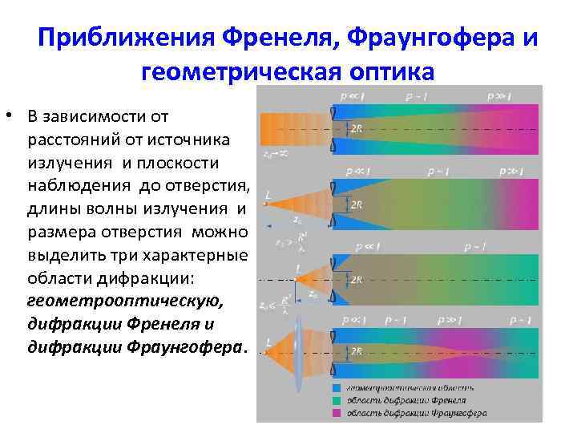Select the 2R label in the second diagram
(356, 204)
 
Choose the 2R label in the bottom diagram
(356, 350)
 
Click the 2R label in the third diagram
(356, 280)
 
